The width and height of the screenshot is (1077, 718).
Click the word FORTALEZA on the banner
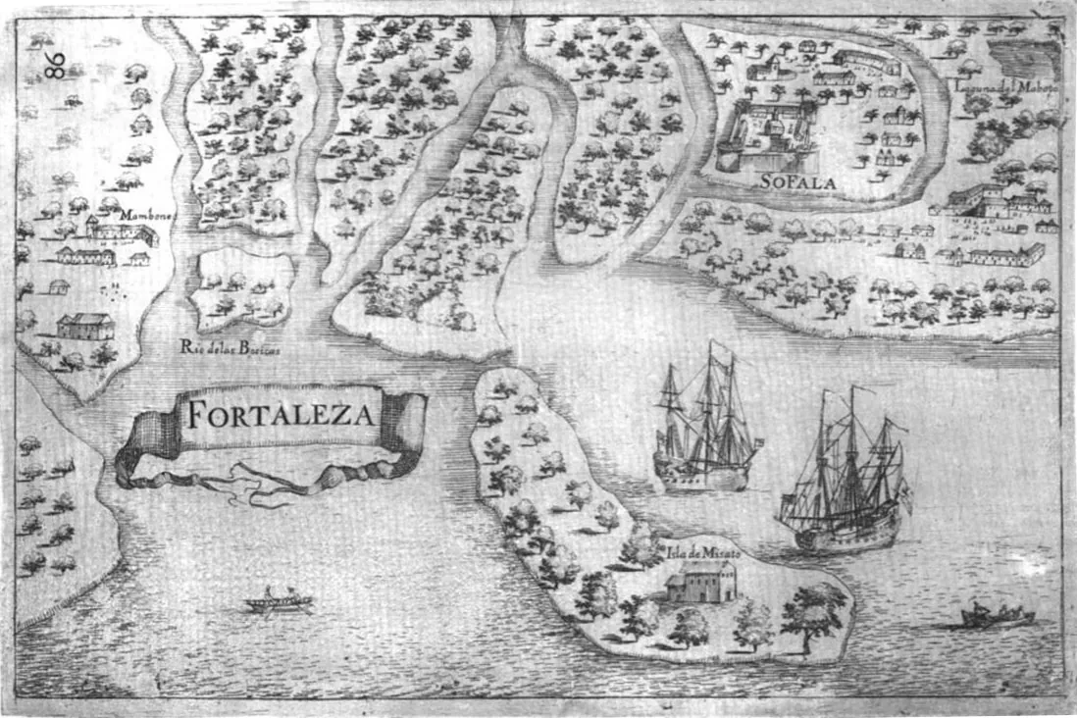click(x=280, y=416)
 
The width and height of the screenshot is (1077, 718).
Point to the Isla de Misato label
click(x=702, y=554)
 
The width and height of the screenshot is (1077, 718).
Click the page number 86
click(x=55, y=65)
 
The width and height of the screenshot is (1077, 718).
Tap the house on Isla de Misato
click(x=700, y=587)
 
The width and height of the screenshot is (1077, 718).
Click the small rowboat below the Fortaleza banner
click(x=279, y=600)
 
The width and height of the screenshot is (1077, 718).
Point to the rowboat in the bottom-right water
click(x=997, y=616)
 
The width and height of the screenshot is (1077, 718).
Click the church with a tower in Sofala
click(x=766, y=68)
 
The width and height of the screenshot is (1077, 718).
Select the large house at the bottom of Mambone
click(x=84, y=326)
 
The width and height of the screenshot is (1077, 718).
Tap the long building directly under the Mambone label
click(x=120, y=232)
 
